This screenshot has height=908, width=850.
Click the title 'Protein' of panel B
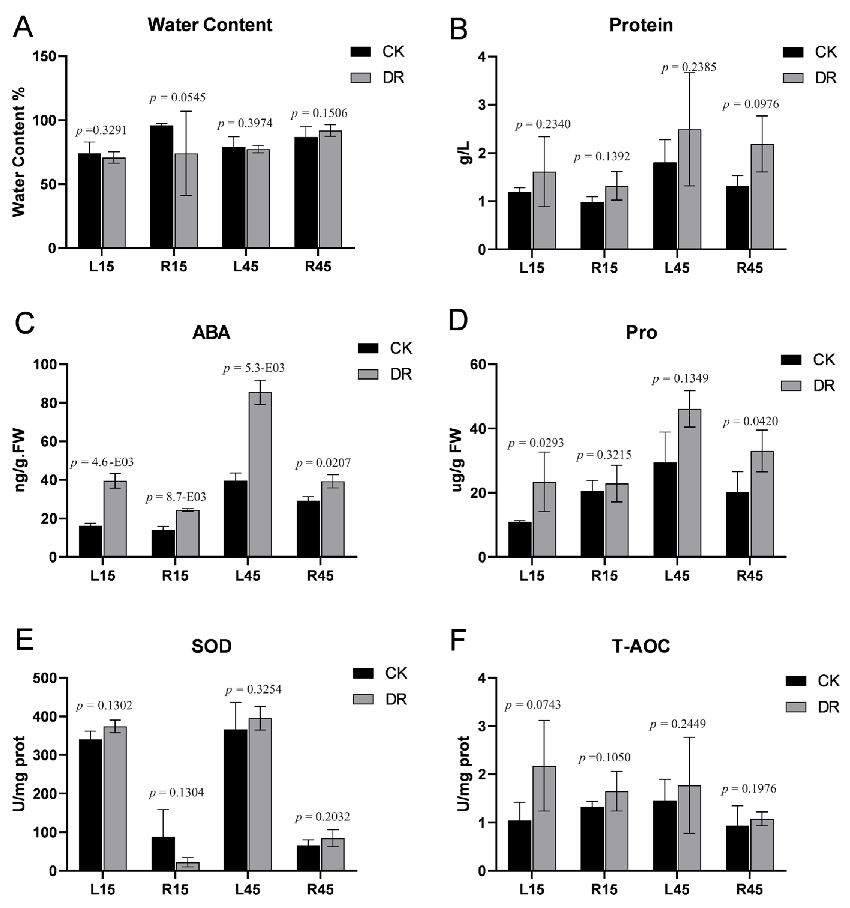(x=641, y=25)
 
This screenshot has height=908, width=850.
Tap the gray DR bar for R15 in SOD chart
(x=188, y=866)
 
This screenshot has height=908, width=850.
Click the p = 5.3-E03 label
(x=254, y=368)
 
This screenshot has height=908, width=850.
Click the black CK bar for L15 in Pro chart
(x=520, y=539)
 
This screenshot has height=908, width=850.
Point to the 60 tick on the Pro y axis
(x=479, y=365)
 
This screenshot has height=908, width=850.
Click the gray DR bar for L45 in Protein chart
(x=689, y=189)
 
